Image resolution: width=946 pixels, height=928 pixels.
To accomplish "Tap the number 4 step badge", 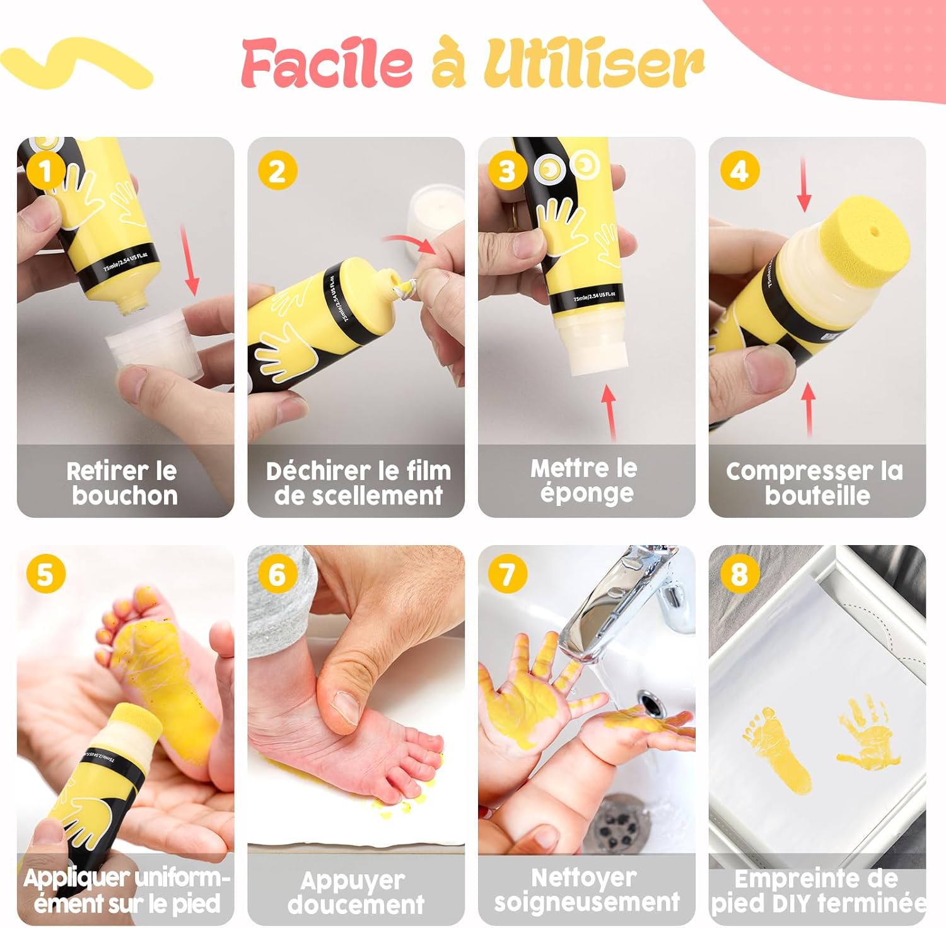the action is click(739, 170).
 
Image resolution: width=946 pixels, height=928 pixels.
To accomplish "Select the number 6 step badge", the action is click(277, 574).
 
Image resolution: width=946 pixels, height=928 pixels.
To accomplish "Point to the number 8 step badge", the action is click(739, 574).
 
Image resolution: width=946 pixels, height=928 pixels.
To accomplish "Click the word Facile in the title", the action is click(327, 62).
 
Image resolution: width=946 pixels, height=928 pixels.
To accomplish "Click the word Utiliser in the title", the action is click(593, 62).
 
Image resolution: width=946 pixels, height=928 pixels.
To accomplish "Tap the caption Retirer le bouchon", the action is click(123, 483).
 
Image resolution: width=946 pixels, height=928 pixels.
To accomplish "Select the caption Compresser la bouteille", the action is click(815, 483).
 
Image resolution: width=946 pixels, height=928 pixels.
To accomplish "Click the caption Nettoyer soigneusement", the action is click(587, 890).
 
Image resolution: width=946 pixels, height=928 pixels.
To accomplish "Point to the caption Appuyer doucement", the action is click(356, 892).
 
